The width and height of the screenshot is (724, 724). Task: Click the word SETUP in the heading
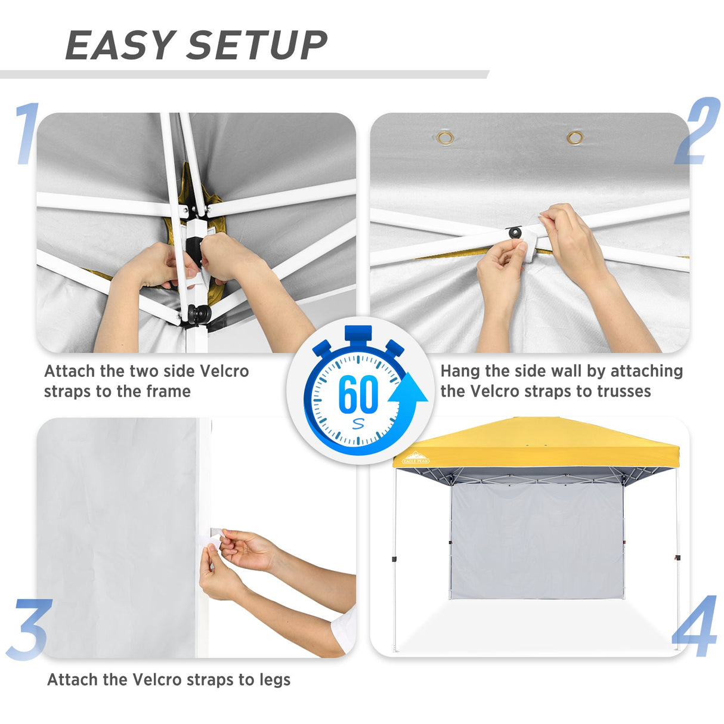click(x=257, y=45)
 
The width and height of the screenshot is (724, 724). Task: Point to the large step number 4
click(x=695, y=626)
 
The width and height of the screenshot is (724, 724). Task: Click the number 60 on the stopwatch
click(x=358, y=394)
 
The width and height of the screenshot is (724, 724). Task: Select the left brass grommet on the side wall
click(x=445, y=138)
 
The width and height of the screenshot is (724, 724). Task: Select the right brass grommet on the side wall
click(x=575, y=138)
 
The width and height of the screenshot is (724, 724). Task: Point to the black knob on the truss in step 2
click(x=513, y=231)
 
